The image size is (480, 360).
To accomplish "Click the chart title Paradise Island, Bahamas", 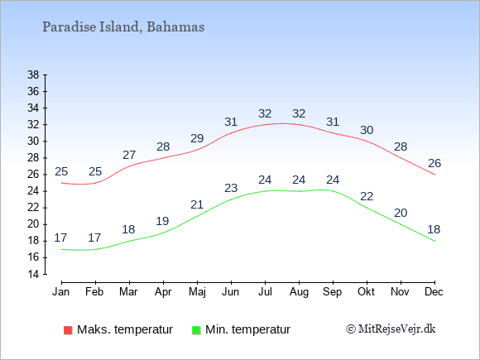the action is [123, 27].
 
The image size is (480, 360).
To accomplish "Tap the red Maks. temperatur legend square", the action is [68, 330].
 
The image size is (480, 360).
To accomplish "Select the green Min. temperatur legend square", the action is [196, 330].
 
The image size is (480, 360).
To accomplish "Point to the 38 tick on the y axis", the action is [33, 74].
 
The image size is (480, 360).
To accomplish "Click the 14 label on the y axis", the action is [33, 274].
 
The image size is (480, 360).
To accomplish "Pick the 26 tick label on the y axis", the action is [33, 175].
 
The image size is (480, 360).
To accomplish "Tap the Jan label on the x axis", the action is [61, 292].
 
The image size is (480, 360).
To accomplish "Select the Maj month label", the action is [197, 292].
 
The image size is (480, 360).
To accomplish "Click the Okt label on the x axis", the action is [366, 292].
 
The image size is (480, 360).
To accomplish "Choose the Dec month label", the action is [434, 292].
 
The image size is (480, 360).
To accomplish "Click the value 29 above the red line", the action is [197, 139].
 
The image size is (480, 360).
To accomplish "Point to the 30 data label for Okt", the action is [367, 131].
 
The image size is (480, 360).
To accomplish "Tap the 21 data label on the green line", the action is [197, 204].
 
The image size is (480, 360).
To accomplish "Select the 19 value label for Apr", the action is [162, 221].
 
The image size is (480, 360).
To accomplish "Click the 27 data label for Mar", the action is [129, 156].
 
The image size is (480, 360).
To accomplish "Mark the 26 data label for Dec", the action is [434, 164].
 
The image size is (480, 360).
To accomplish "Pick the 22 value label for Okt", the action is [367, 196].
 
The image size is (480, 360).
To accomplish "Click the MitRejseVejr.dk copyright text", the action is [391, 329].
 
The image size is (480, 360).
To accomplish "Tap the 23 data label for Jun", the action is [231, 188].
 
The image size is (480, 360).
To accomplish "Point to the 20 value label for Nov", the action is [401, 213].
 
